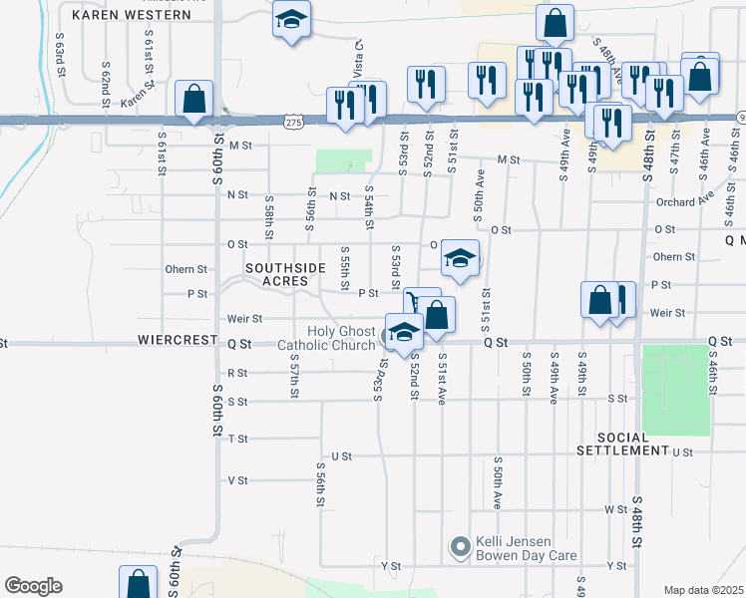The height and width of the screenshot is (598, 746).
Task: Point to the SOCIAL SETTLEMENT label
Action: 632,445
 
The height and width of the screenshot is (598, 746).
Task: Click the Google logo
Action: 33,586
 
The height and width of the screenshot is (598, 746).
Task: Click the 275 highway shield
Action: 292,122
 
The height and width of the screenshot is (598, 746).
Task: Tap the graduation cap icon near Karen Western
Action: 291,20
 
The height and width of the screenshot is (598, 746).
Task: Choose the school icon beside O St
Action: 459,258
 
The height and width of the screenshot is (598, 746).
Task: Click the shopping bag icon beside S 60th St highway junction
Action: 193,98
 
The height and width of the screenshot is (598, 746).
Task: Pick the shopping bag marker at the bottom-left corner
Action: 138,583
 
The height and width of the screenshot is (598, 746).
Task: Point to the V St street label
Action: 237,480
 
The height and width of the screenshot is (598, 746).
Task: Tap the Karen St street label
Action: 139,102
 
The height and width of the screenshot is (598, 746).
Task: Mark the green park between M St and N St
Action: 343,160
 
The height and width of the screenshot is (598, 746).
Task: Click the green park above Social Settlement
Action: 675,390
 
